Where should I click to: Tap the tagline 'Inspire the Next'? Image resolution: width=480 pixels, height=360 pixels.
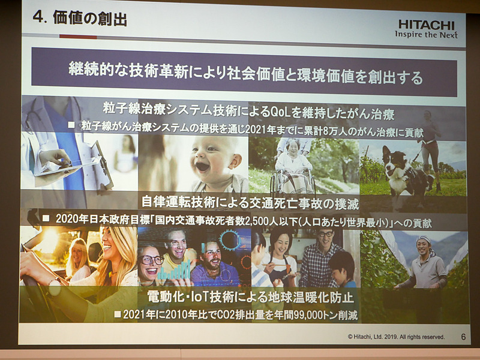click(426, 34)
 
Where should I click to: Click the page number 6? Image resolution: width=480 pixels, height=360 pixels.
click(463, 337)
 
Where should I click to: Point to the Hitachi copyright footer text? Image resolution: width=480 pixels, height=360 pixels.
click(397, 337)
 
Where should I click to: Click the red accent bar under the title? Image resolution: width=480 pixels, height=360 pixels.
click(78, 37)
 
